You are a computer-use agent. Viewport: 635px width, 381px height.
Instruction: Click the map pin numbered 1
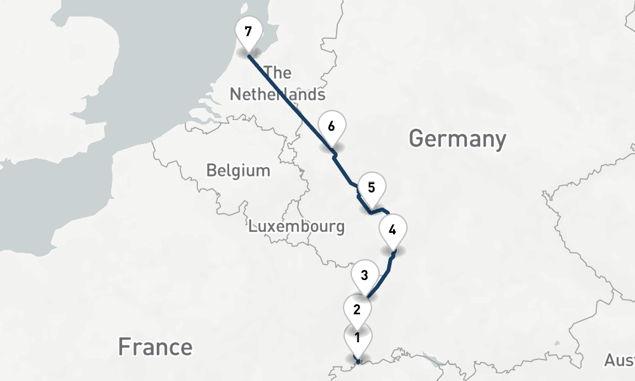coord(358,338)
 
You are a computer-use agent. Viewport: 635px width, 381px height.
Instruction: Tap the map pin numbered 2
coord(357,310)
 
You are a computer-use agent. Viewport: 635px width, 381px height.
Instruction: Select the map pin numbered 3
coord(364,276)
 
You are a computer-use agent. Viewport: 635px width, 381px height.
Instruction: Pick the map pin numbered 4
coord(392,230)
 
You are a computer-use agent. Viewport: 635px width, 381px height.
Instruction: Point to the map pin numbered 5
coord(371,188)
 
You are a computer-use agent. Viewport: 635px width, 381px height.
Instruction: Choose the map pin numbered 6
coord(331,126)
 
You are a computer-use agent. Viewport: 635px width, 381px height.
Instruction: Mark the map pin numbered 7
coord(248,31)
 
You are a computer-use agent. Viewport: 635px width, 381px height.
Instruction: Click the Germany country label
coord(457,138)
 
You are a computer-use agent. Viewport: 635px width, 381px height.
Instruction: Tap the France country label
coord(155,347)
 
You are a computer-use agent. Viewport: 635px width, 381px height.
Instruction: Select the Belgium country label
coord(238,171)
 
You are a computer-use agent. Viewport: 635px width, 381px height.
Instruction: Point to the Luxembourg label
coord(297,226)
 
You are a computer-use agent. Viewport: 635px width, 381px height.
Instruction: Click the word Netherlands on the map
coord(277,95)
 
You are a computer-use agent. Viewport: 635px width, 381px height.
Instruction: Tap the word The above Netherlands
coord(277,73)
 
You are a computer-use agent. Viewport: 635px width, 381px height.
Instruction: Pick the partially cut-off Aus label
coord(619,361)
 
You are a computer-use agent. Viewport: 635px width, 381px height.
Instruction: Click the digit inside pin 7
coord(248,30)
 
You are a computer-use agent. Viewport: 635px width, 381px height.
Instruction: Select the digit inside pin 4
coord(392,229)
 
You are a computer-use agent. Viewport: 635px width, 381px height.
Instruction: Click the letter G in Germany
coord(417,138)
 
